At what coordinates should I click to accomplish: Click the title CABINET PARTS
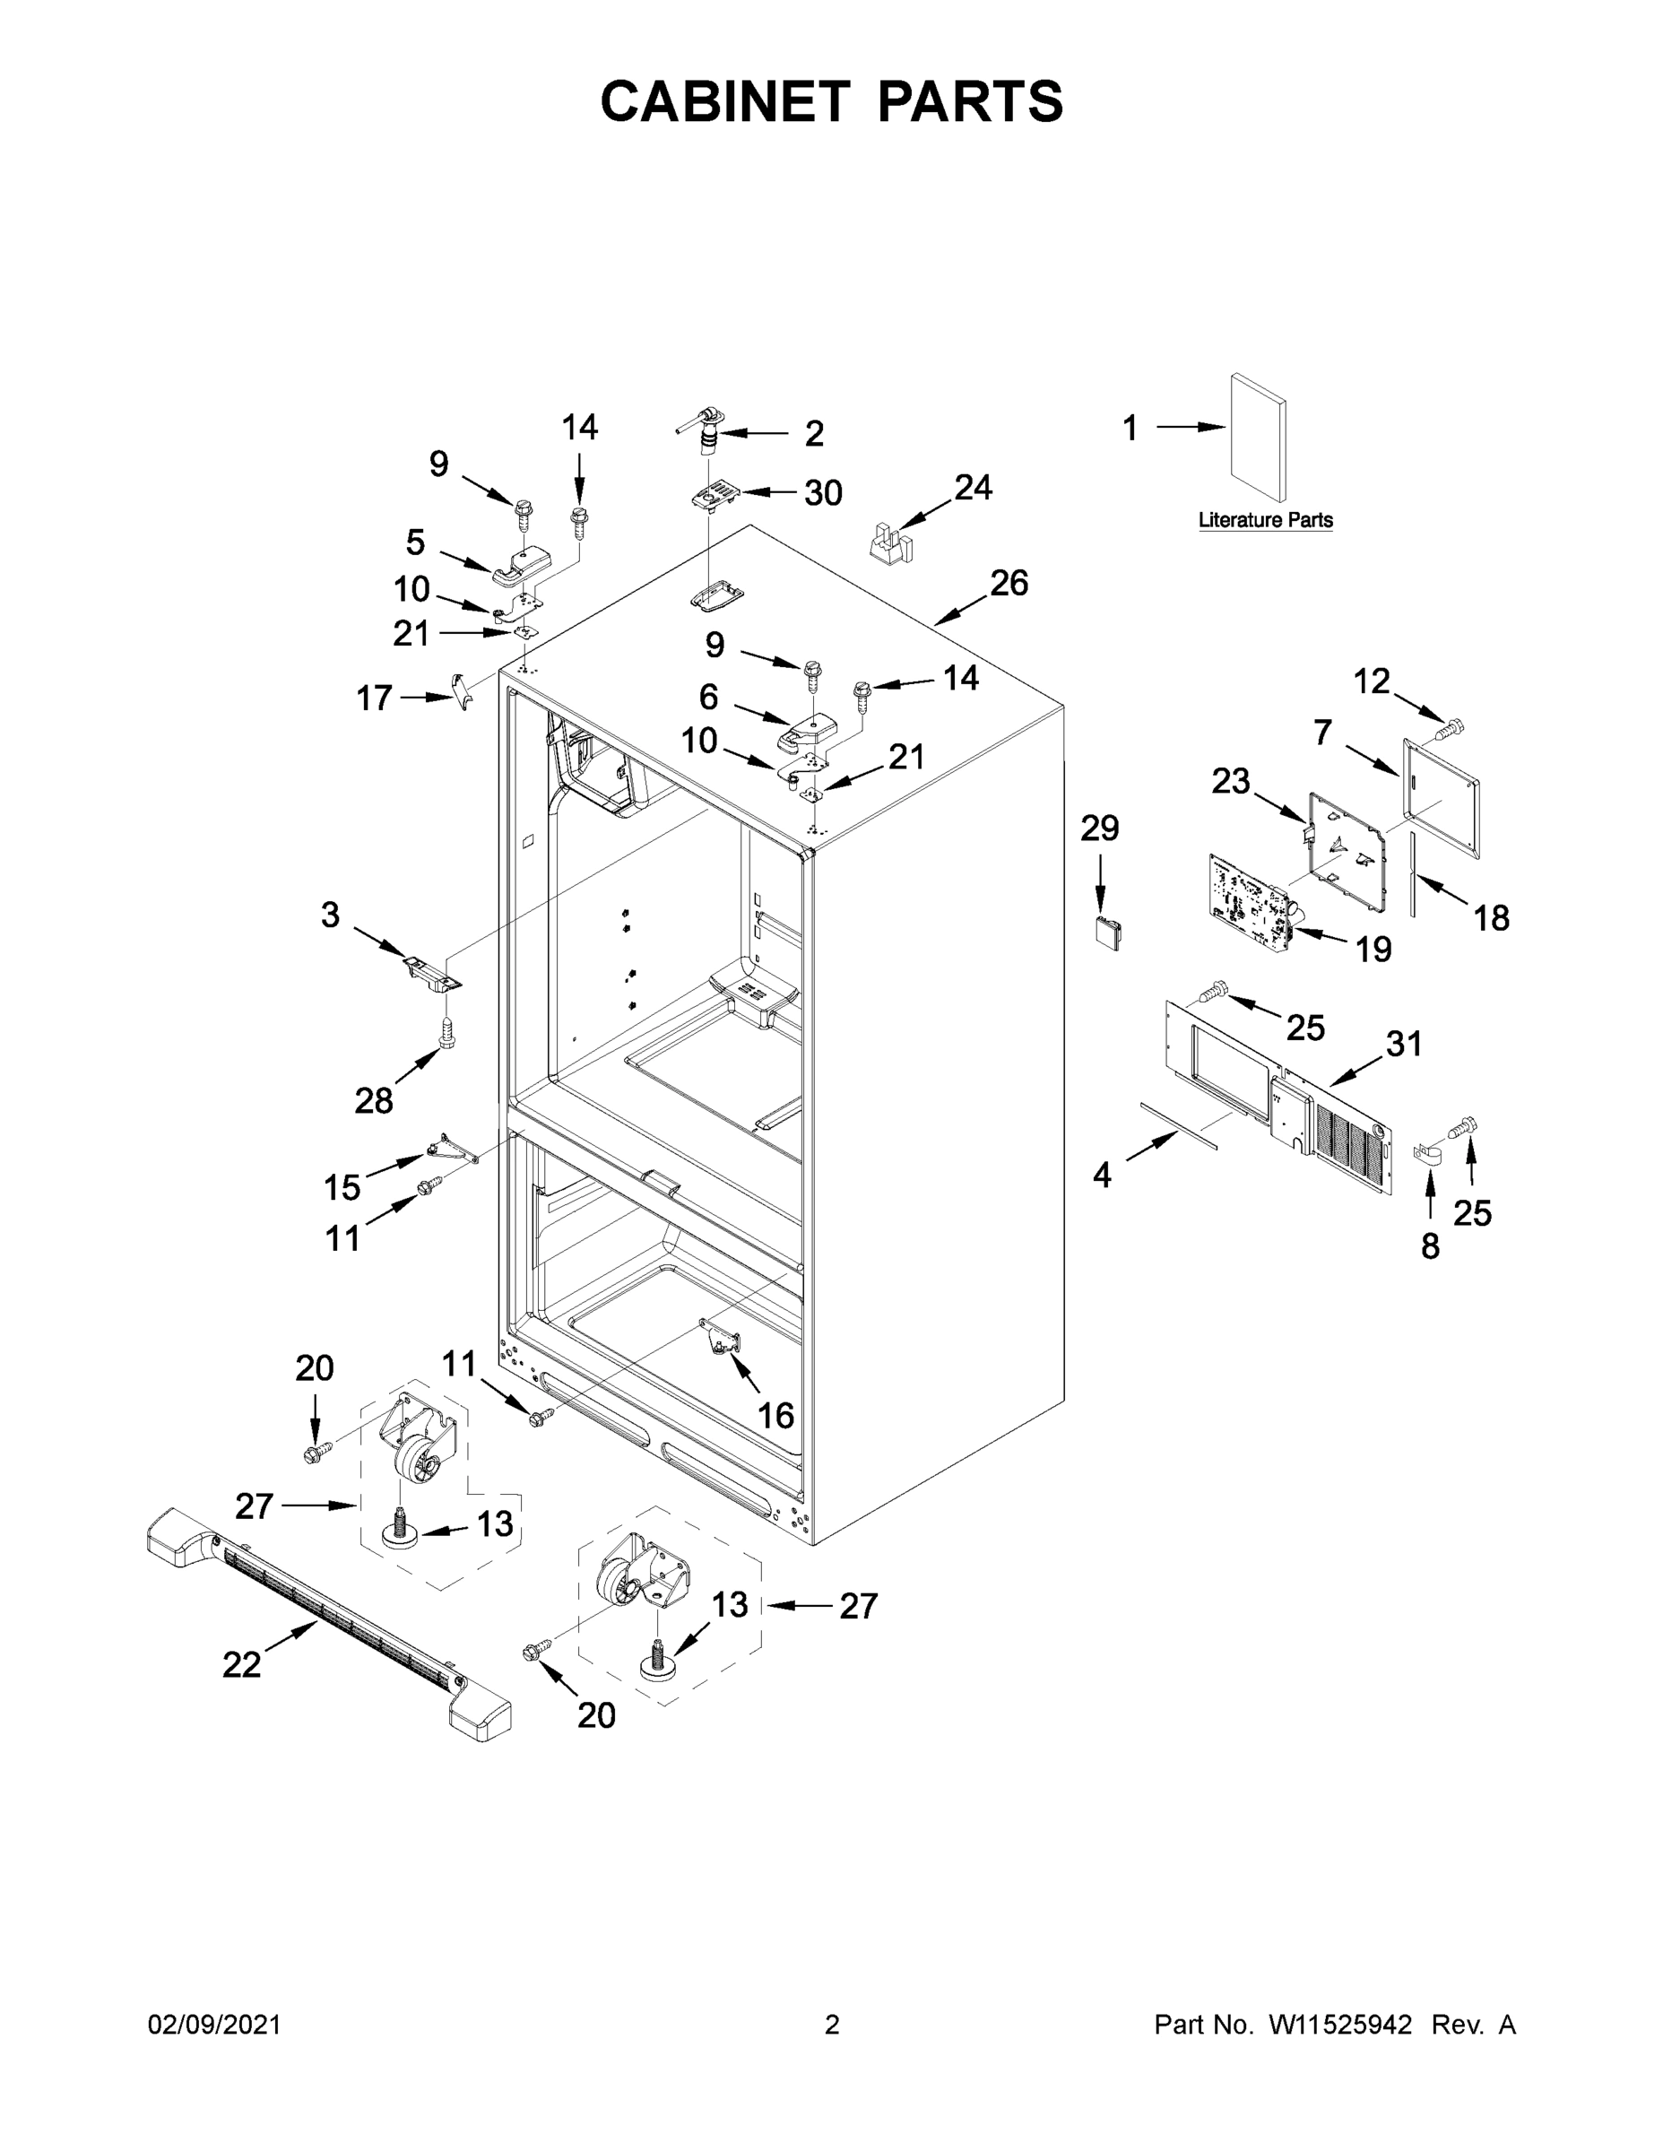(x=832, y=101)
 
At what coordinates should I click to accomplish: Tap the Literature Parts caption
(x=1265, y=519)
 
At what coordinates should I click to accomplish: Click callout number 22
(x=241, y=1664)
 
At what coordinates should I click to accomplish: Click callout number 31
(x=1404, y=1043)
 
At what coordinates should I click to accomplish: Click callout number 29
(x=1099, y=829)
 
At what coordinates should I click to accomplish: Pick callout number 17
(x=373, y=699)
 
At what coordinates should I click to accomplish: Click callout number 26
(x=1009, y=584)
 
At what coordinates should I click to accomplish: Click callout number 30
(x=823, y=492)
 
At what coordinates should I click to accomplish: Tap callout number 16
(x=775, y=1415)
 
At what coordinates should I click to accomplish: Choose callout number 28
(x=373, y=1099)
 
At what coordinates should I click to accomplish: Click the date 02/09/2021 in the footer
(x=213, y=2024)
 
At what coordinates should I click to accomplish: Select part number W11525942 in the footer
(x=1340, y=2024)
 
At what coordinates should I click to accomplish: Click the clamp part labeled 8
(x=1425, y=1154)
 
